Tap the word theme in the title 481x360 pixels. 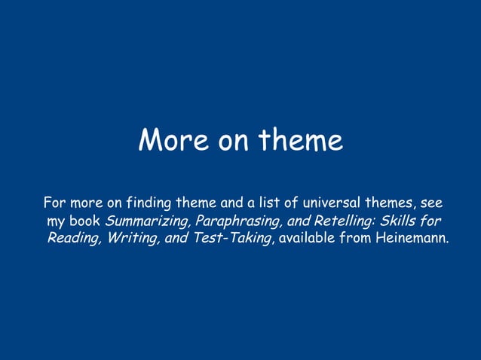pos(301,140)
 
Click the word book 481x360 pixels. pos(85,221)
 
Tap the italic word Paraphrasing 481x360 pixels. pos(234,221)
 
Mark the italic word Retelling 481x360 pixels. pos(336,221)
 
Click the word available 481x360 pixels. pos(306,239)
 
